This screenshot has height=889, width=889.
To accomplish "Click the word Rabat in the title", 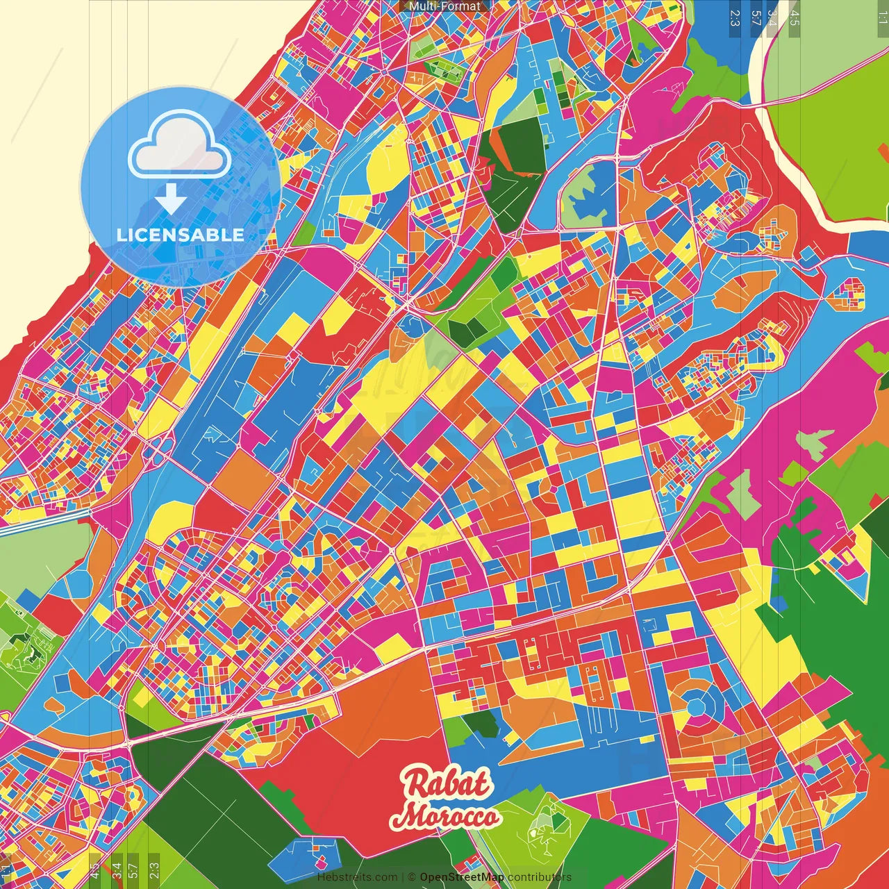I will pos(448,784).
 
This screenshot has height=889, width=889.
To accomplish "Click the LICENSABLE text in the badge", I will pos(181,235).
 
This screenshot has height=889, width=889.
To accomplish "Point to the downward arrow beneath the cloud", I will pos(171,199).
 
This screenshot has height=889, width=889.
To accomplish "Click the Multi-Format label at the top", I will pos(444,6).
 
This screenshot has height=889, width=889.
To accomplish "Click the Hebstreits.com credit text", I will pos(357,877).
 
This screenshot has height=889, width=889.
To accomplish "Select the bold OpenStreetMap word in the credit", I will pos(462,877).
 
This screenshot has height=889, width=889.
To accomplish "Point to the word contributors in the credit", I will pos(540,877).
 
